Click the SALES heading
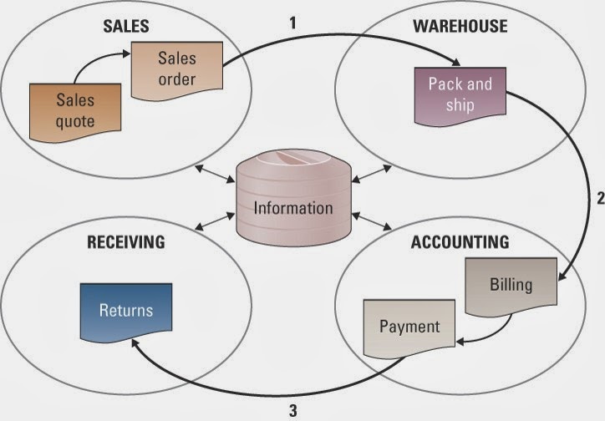pos(125,26)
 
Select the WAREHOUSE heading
pos(460,26)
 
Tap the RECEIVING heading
pos(126,243)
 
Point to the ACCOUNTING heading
pos(460,243)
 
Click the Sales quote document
pos(76,110)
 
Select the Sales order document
pos(176,68)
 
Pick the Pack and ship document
pos(460,94)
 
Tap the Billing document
pos(511,285)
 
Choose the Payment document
pos(409,327)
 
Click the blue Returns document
pos(126,311)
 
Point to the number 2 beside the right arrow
pos(598,199)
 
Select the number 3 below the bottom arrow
pos(292,410)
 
